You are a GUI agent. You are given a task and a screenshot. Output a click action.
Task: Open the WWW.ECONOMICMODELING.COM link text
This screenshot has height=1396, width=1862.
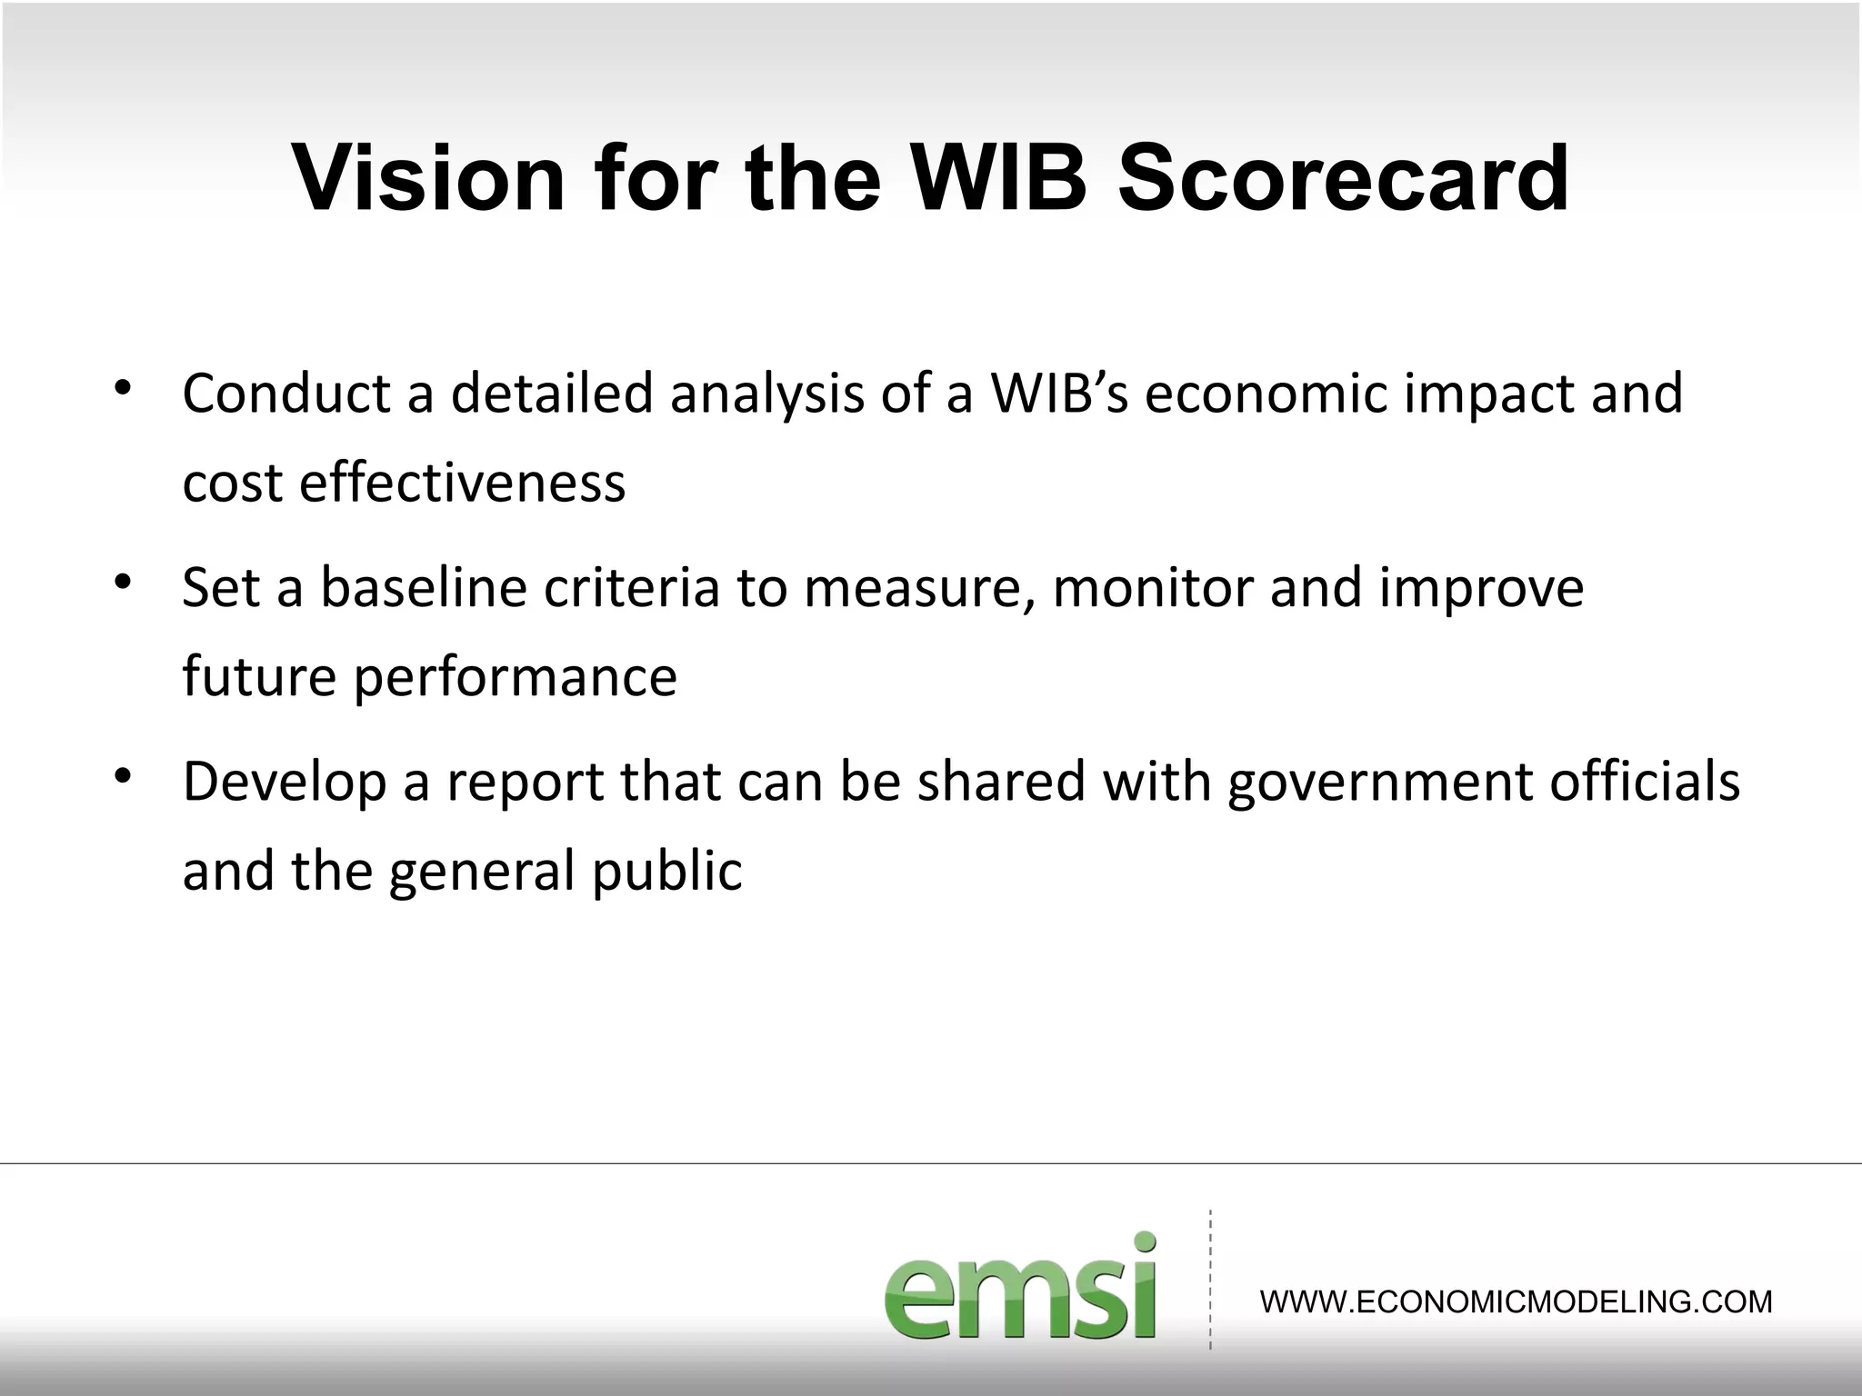tap(1516, 1301)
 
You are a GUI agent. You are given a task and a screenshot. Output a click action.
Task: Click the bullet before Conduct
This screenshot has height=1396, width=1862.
tap(124, 388)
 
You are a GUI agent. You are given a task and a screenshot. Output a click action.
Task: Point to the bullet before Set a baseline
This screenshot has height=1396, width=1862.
tap(124, 582)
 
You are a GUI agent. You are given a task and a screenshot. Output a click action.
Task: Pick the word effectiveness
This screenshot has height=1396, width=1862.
tap(462, 482)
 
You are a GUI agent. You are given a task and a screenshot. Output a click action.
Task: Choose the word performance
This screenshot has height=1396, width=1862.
tap(515, 677)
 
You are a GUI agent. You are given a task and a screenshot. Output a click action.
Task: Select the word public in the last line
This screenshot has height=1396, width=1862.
tap(666, 871)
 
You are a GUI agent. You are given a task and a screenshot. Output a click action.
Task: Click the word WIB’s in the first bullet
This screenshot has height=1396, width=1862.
tap(1058, 393)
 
